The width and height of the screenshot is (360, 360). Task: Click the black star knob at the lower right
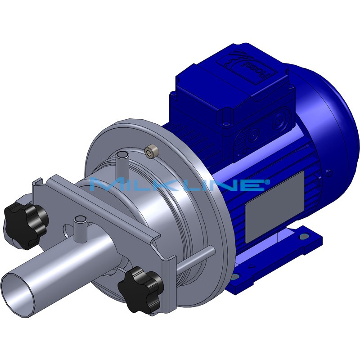[140, 288]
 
